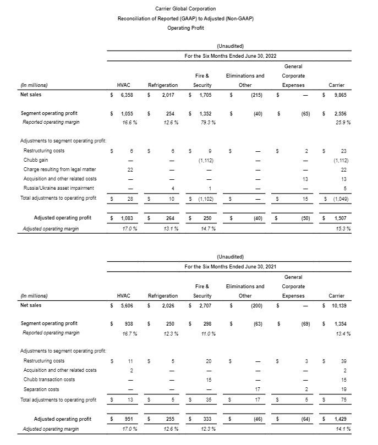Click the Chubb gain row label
pyautogui.click(x=35, y=160)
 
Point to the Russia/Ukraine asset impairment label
pyautogui.click(x=56, y=188)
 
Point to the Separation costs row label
pyautogui.click(x=42, y=389)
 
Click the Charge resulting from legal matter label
pyautogui.click(x=57, y=169)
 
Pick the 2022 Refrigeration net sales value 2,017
pyautogui.click(x=167, y=95)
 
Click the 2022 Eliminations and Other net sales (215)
pyautogui.click(x=255, y=95)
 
